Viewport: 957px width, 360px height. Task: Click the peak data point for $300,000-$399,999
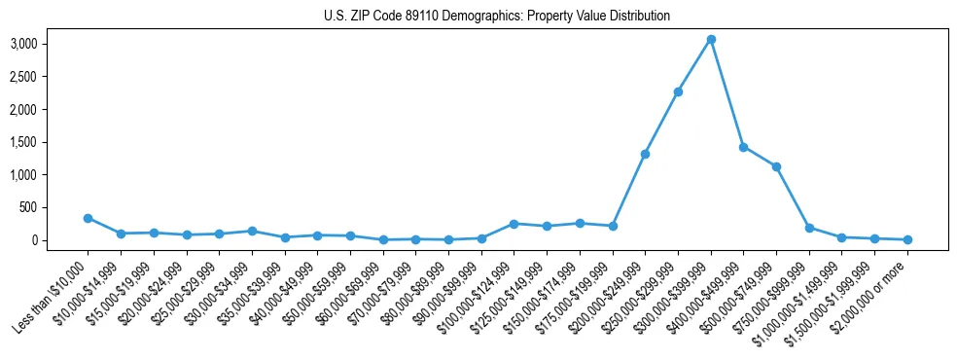711,39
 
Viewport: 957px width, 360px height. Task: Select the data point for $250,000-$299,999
678,91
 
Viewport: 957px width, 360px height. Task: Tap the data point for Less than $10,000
88,218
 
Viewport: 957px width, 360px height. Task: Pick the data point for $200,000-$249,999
645,154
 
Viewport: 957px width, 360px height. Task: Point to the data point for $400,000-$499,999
743,147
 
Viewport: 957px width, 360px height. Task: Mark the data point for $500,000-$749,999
776,166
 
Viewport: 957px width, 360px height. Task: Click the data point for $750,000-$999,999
809,228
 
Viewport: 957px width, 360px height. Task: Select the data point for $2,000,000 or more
907,239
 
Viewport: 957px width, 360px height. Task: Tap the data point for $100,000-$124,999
514,224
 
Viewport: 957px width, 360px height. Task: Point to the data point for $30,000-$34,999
252,232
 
